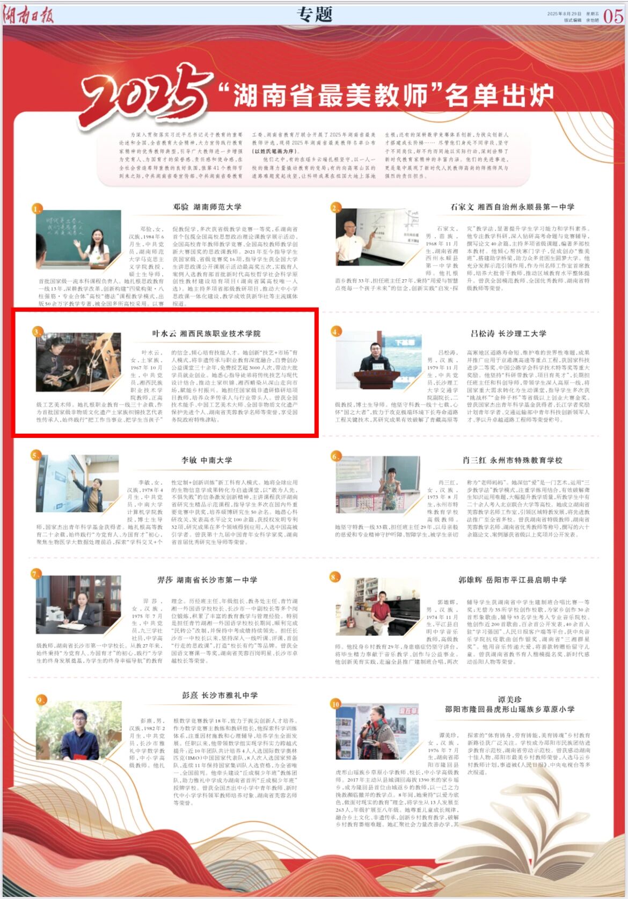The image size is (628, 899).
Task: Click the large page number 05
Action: coord(613,16)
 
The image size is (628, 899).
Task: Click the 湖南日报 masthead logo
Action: coord(28,15)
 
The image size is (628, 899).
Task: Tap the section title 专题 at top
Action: coord(315,14)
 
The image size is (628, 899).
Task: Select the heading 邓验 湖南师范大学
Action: coord(207,207)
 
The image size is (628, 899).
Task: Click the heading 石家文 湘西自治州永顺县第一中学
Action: coord(512,207)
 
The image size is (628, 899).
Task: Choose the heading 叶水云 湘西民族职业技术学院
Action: coord(206,333)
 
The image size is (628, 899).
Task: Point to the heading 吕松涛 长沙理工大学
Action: coord(508,333)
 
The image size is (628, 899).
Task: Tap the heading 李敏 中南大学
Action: coord(207,460)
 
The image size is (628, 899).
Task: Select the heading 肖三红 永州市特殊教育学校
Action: coord(512,460)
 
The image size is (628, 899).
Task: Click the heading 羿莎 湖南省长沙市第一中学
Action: coord(207,580)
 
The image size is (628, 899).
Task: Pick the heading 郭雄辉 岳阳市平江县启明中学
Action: coord(512,580)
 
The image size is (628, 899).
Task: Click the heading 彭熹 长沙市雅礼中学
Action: coord(220,695)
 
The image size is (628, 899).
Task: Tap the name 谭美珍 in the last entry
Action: coord(509,699)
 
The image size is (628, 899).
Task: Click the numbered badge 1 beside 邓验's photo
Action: coord(36,209)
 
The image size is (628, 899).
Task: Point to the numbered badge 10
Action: coord(335,704)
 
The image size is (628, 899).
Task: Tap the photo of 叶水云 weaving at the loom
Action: coord(71,361)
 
